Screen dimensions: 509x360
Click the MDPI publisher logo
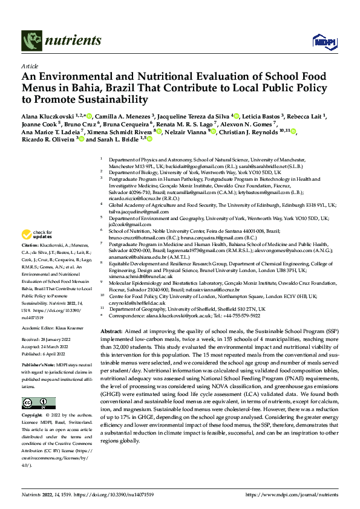320,41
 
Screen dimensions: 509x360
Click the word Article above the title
30,66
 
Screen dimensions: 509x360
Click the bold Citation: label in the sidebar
31,248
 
